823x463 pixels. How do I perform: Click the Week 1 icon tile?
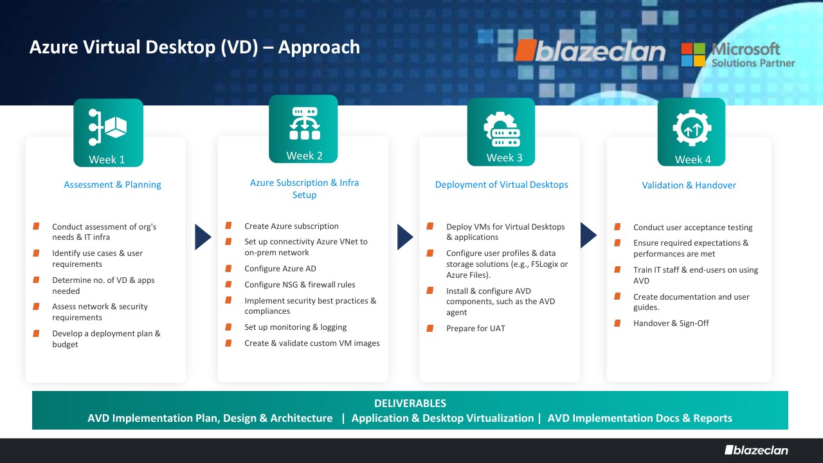click(109, 132)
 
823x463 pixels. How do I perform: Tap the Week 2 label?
click(304, 156)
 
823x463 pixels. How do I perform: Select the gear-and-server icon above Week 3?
click(502, 129)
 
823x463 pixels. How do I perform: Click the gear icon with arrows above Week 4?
click(692, 128)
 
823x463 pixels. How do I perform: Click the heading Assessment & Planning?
click(113, 185)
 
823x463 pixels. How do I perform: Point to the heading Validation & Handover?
click(689, 185)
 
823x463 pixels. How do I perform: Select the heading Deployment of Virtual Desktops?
click(502, 185)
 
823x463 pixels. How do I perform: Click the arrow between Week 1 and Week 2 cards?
click(203, 237)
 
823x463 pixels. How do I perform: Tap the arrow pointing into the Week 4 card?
click(588, 235)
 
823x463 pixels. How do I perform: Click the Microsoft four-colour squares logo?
click(693, 55)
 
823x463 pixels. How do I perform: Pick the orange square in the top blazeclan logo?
click(526, 50)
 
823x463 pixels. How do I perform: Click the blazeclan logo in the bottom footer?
click(756, 450)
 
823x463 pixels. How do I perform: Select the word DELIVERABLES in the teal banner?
click(410, 403)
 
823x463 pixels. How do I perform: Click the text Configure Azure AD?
click(280, 269)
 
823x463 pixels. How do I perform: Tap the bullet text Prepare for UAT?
click(476, 329)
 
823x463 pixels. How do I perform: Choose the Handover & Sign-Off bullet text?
click(671, 323)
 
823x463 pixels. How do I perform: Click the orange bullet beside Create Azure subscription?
click(228, 225)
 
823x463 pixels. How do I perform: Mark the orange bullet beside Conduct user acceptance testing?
click(617, 227)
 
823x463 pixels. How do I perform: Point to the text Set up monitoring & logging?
click(295, 327)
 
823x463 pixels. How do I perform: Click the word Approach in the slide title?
click(319, 48)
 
